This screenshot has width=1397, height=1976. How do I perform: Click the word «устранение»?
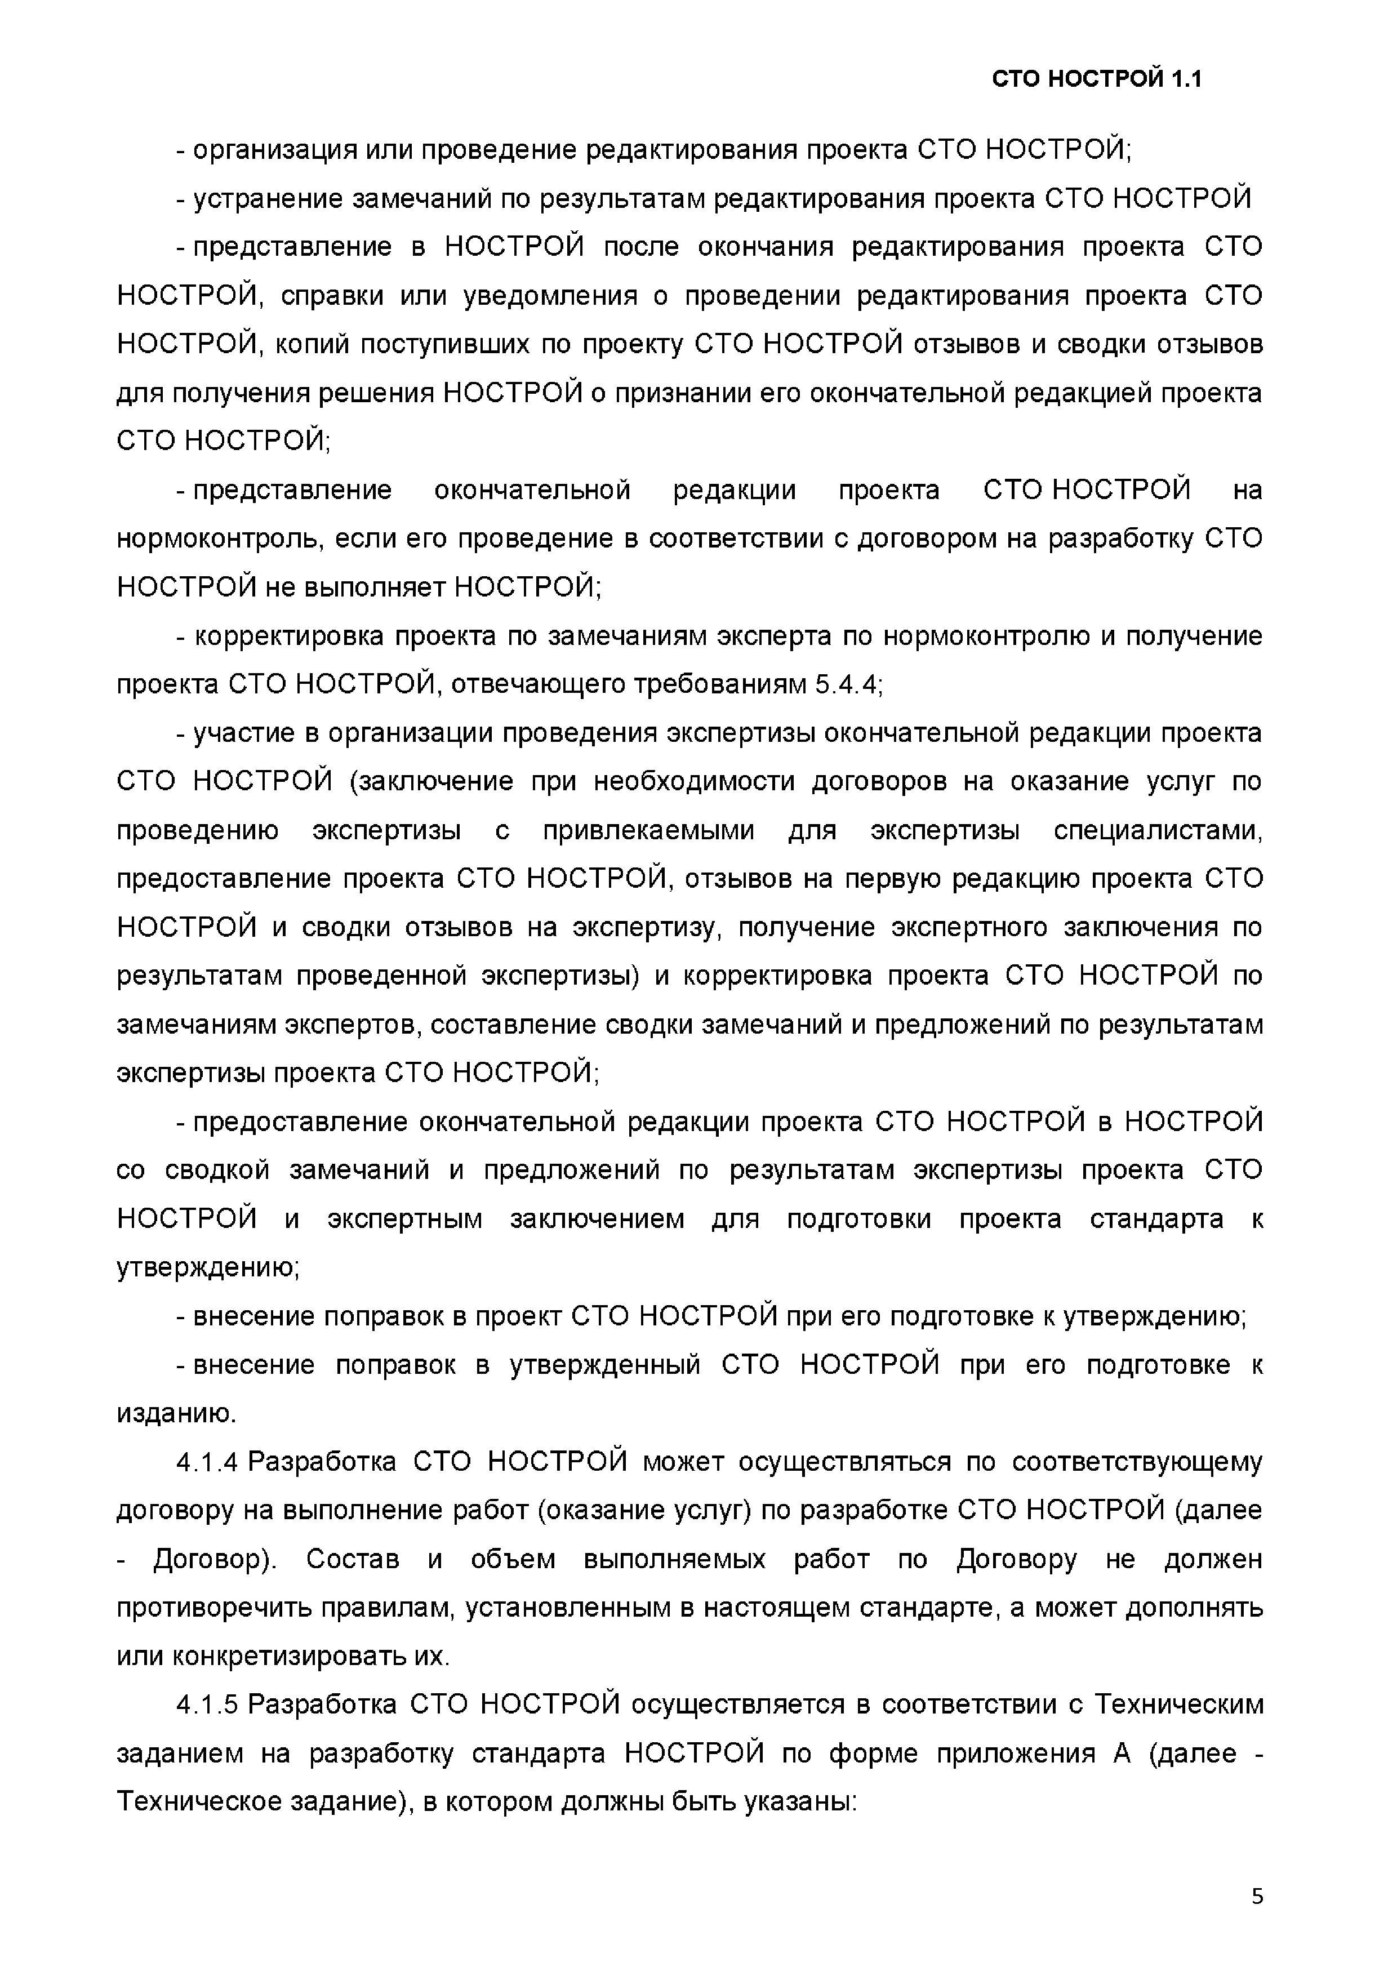coord(269,199)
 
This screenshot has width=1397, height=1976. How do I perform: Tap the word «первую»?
coord(895,879)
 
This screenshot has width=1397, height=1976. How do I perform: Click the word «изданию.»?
coord(176,1414)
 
